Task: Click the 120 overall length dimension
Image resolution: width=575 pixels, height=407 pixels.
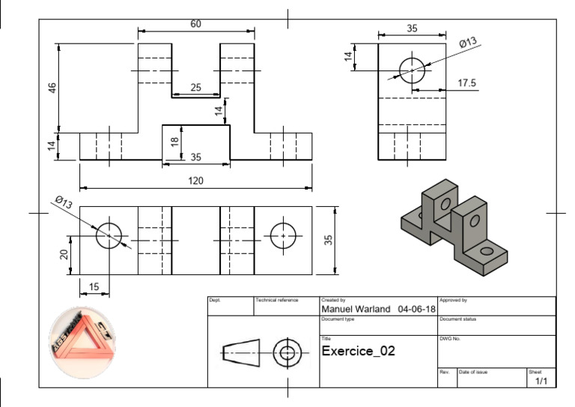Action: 195,181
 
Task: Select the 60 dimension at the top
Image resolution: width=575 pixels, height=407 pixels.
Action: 195,24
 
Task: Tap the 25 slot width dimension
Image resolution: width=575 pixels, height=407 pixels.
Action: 195,88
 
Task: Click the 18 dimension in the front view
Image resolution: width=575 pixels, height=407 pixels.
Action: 174,142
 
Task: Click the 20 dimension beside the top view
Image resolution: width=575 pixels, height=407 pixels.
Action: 63,254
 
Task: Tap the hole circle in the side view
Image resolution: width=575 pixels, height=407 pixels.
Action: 412,70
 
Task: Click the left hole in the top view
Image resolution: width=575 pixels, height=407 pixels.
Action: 109,235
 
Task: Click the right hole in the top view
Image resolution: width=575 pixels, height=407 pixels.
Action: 283,235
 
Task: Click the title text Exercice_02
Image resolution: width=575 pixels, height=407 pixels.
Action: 357,351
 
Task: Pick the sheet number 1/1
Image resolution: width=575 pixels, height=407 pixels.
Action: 541,382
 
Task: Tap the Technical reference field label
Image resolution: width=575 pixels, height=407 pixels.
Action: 277,300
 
